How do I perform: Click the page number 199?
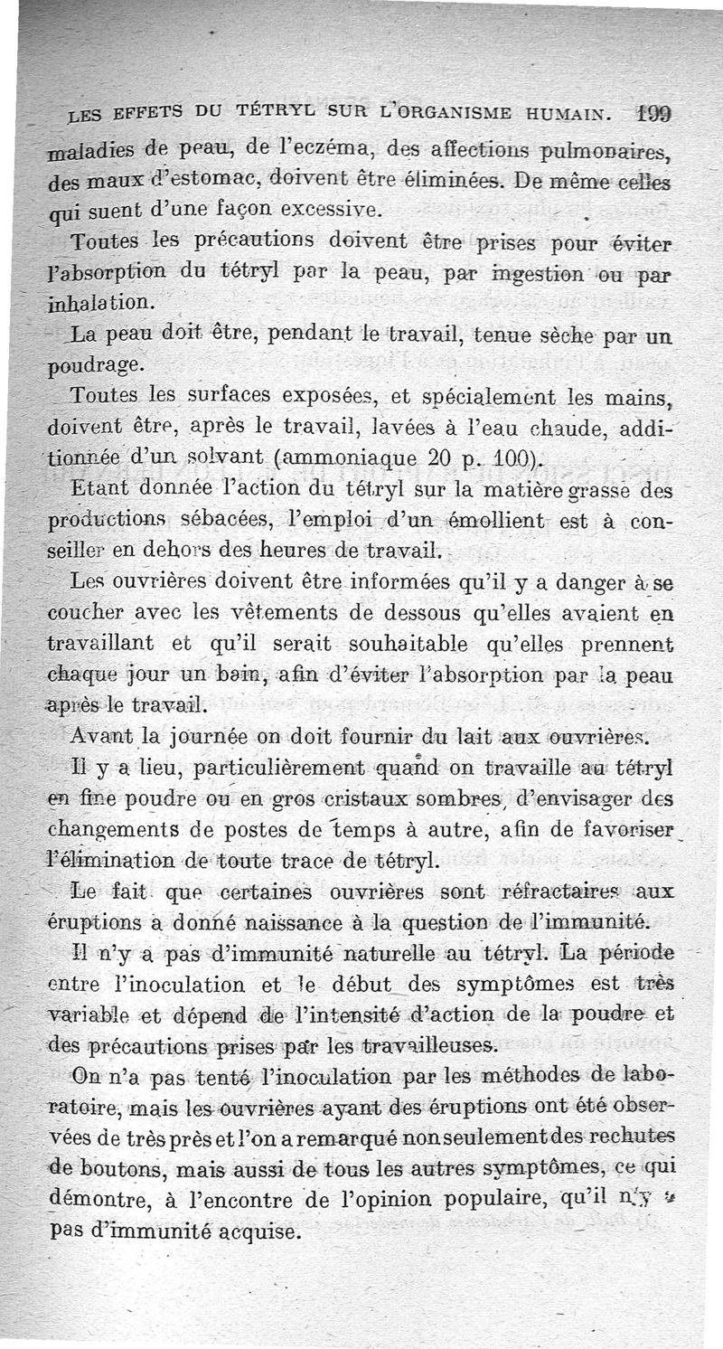[x=689, y=116]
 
